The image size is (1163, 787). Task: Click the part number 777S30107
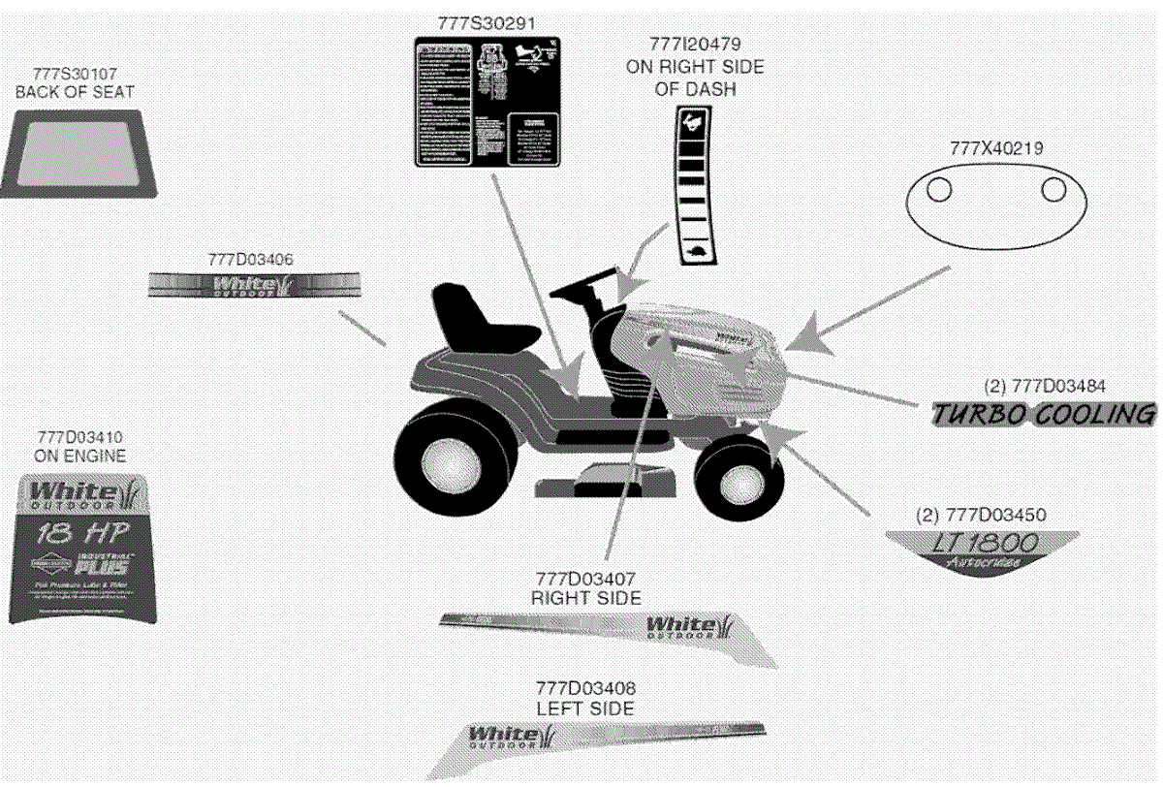(75, 74)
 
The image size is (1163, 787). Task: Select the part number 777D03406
(251, 259)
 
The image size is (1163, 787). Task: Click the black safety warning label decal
(487, 102)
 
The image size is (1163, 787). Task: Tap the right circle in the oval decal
(1053, 190)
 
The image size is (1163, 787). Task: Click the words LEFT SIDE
(585, 708)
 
